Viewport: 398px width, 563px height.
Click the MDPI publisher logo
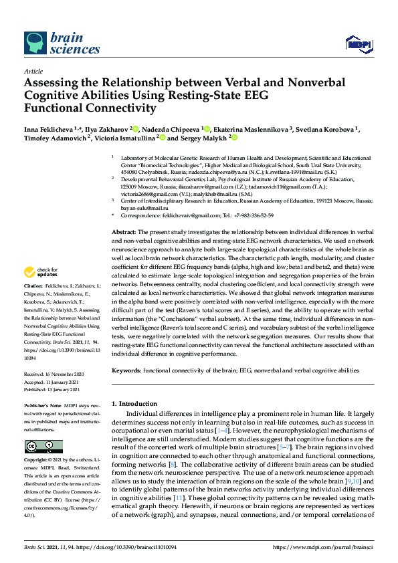358,44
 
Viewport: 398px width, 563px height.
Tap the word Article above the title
33,70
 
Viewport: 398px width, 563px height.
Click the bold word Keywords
126,370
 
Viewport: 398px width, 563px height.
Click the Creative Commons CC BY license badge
43,446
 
